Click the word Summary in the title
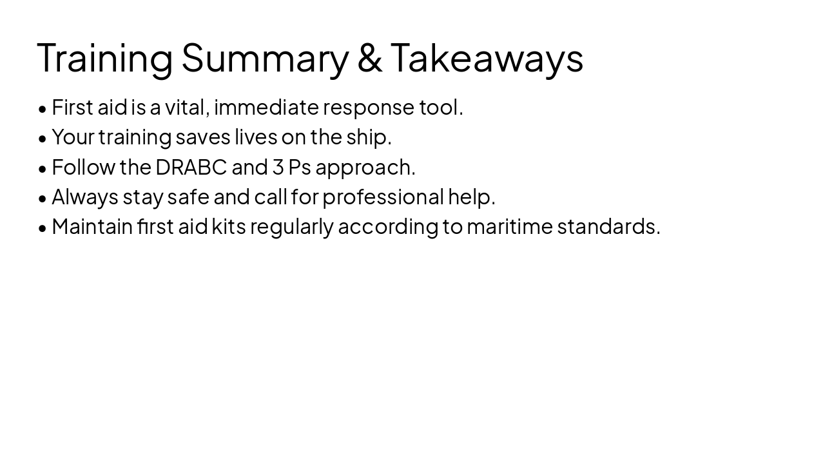pos(264,58)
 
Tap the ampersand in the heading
pos(369,58)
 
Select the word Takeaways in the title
pos(487,58)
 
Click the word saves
pos(202,137)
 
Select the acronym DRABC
pos(191,167)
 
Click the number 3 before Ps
pos(278,167)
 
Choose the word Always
pos(84,197)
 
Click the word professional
pos(383,197)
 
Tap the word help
pos(471,197)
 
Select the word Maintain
pos(92,226)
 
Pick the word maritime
pos(509,226)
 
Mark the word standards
pos(608,226)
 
